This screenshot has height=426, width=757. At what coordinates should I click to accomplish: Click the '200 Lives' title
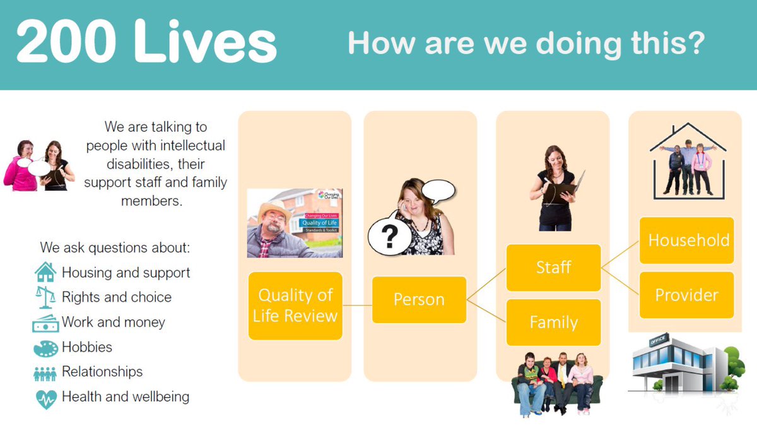click(146, 43)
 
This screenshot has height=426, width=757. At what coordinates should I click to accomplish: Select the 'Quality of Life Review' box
click(295, 305)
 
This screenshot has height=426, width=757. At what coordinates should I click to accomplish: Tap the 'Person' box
click(419, 299)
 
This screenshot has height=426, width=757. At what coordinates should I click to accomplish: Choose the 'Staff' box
click(553, 268)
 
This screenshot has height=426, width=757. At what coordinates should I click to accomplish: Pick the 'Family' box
click(553, 322)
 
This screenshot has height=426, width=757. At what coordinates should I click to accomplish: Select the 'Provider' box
click(687, 295)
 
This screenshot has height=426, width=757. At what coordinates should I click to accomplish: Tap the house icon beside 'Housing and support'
click(45, 273)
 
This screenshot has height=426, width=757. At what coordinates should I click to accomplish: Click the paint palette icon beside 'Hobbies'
click(45, 348)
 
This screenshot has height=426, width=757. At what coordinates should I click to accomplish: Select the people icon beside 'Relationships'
click(45, 373)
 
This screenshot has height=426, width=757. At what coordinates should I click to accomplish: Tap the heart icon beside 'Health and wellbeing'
click(45, 398)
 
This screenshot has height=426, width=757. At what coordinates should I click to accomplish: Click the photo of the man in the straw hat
click(295, 223)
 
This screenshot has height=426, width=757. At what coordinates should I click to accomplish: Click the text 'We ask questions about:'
click(114, 247)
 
